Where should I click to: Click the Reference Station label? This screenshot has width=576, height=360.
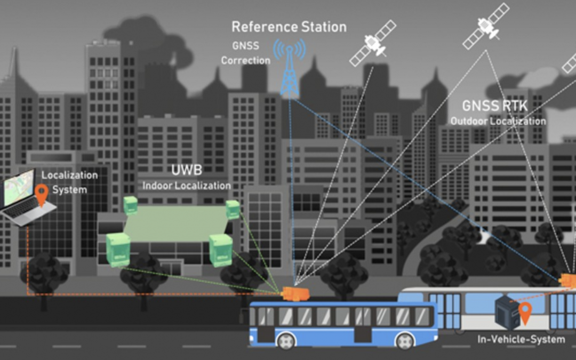[x=289, y=26]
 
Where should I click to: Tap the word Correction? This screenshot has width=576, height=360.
[x=245, y=60]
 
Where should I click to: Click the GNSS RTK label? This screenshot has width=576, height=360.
[x=494, y=106]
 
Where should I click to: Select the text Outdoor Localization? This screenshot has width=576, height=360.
[x=498, y=121]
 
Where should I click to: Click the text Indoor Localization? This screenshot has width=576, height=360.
[x=186, y=186]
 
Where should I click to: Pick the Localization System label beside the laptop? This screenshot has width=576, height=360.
[x=69, y=182]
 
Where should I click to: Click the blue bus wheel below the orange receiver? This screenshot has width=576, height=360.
[x=286, y=340]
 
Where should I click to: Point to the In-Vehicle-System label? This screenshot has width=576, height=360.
[x=521, y=339]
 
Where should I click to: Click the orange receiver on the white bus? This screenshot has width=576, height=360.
[x=569, y=279]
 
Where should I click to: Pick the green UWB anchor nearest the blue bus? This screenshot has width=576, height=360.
[x=220, y=249]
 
